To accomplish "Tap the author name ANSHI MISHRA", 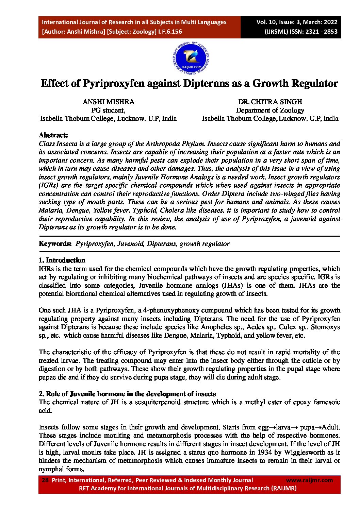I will click(108, 102).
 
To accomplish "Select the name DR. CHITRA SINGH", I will click(270, 102).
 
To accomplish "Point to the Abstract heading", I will click(53, 135).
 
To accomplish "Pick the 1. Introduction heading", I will click(62, 260).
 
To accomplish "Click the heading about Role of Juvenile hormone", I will click(127, 394).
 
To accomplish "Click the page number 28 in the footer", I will click(45, 480).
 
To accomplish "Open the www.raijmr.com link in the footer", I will click(309, 480).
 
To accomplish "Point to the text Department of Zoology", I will click(270, 110).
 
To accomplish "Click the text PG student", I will click(108, 110).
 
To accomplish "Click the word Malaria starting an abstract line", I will click(49, 210).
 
